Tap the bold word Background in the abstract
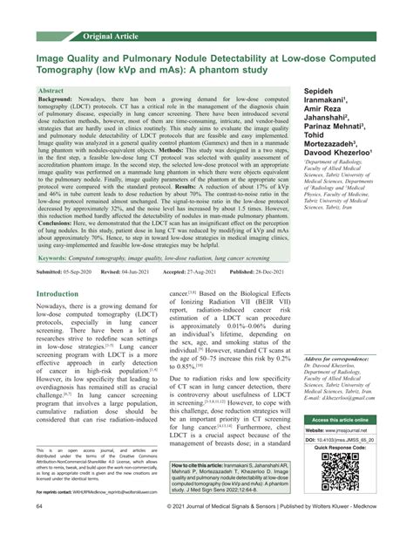click(57, 100)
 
